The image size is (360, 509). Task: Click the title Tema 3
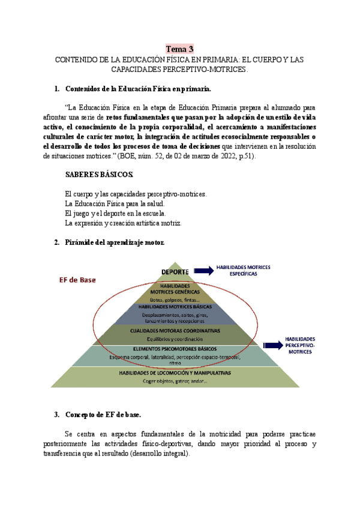(x=180, y=49)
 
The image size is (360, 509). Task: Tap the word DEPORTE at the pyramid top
(x=175, y=271)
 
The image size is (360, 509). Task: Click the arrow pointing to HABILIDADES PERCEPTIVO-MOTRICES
(x=272, y=345)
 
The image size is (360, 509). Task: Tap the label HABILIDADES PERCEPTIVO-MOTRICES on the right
(x=300, y=345)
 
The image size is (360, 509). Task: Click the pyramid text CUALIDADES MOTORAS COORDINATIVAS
(x=175, y=330)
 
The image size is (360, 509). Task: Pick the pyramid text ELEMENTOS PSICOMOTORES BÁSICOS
(x=175, y=349)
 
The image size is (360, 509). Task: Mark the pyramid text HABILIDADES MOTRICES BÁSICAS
(x=175, y=306)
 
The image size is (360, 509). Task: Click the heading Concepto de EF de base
(x=101, y=415)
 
